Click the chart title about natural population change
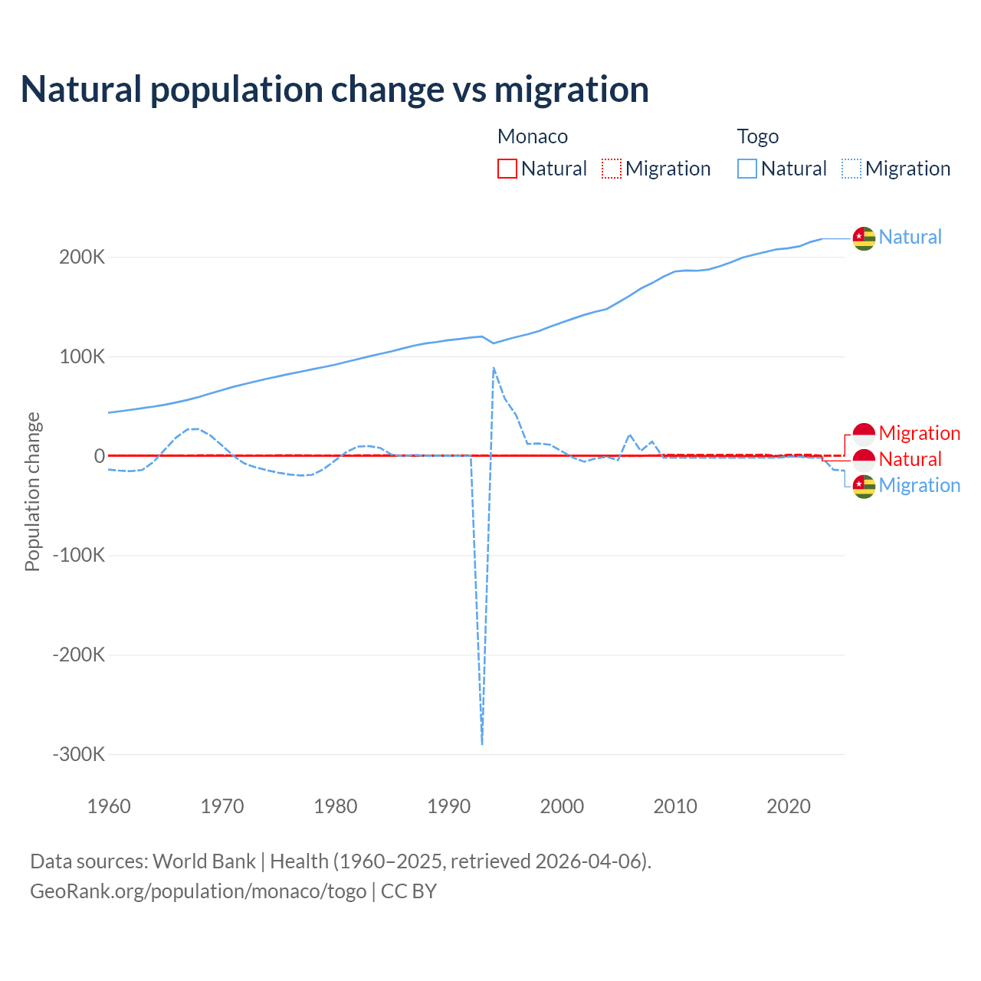pyautogui.click(x=334, y=90)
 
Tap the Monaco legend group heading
pyautogui.click(x=533, y=136)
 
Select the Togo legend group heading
pyautogui.click(x=757, y=136)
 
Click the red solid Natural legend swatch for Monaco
pyautogui.click(x=507, y=169)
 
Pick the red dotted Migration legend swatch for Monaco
pyautogui.click(x=612, y=169)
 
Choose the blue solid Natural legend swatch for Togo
pyautogui.click(x=747, y=169)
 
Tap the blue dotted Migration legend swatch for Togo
pyautogui.click(x=851, y=169)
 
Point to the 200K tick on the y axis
pyautogui.click(x=82, y=258)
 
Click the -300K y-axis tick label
pyautogui.click(x=78, y=754)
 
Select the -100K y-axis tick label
pyautogui.click(x=78, y=556)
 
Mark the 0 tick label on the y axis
pyautogui.click(x=99, y=456)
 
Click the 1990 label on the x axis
pyautogui.click(x=449, y=806)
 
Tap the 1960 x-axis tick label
pyautogui.click(x=110, y=806)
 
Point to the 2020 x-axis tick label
pyautogui.click(x=789, y=806)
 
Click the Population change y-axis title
pyautogui.click(x=32, y=492)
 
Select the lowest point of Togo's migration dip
pyautogui.click(x=482, y=743)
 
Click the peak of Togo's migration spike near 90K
pyautogui.click(x=494, y=368)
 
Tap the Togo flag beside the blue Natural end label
pyautogui.click(x=864, y=238)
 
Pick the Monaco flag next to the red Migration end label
pyautogui.click(x=864, y=434)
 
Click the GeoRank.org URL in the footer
pyautogui.click(x=198, y=891)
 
